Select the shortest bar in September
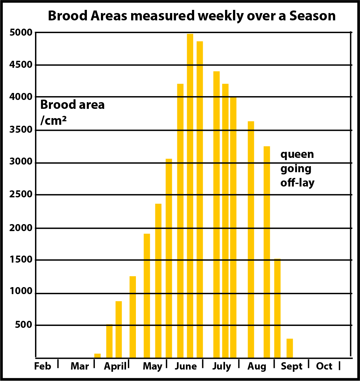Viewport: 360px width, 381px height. tap(290, 348)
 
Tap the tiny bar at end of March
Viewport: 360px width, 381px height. tap(97, 356)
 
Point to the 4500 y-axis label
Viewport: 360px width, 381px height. tap(21, 65)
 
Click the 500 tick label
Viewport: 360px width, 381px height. tap(24, 325)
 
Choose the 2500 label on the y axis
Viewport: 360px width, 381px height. tap(21, 194)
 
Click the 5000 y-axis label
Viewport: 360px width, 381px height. tap(21, 32)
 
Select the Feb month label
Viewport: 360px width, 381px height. tap(43, 366)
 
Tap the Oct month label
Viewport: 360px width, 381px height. tap(324, 366)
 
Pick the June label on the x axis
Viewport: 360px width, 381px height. tap(186, 366)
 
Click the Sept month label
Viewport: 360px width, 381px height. tap(292, 367)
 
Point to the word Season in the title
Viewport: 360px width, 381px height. tap(312, 16)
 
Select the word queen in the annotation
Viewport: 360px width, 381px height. tap(297, 155)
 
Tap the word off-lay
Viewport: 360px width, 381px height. tap(297, 183)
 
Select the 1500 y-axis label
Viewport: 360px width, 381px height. tap(21, 259)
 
